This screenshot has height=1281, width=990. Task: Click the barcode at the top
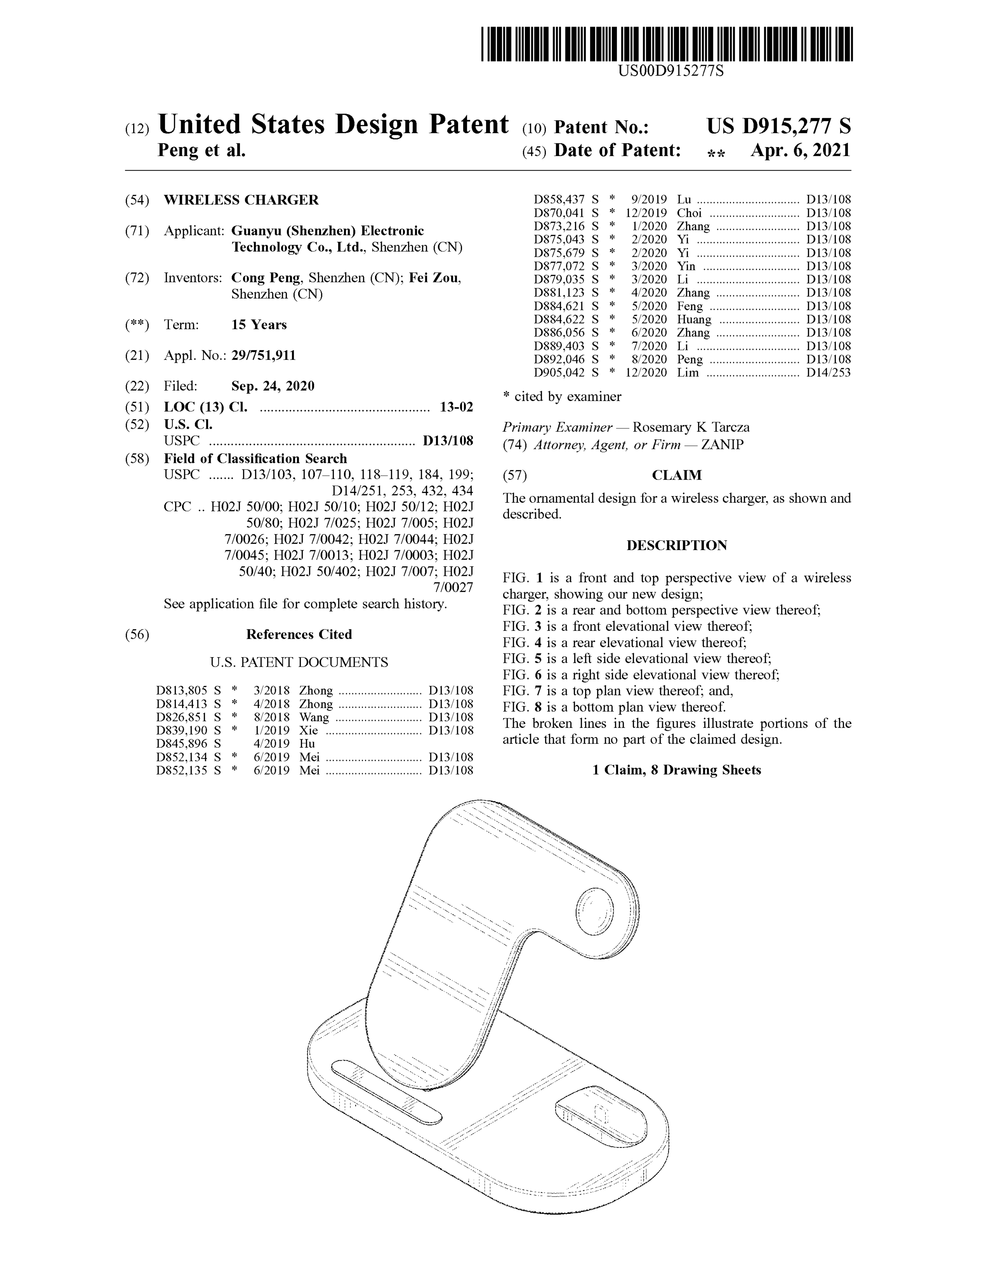coord(667,44)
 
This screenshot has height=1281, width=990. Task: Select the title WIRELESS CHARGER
coord(241,200)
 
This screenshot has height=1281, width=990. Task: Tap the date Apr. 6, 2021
coord(800,151)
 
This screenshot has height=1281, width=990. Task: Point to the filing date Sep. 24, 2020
coord(273,386)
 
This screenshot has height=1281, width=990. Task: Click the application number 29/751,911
coord(263,355)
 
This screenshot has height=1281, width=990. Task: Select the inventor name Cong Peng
coord(265,278)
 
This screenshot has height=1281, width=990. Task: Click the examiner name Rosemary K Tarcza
coord(690,428)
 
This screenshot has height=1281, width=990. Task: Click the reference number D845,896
coord(182,744)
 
